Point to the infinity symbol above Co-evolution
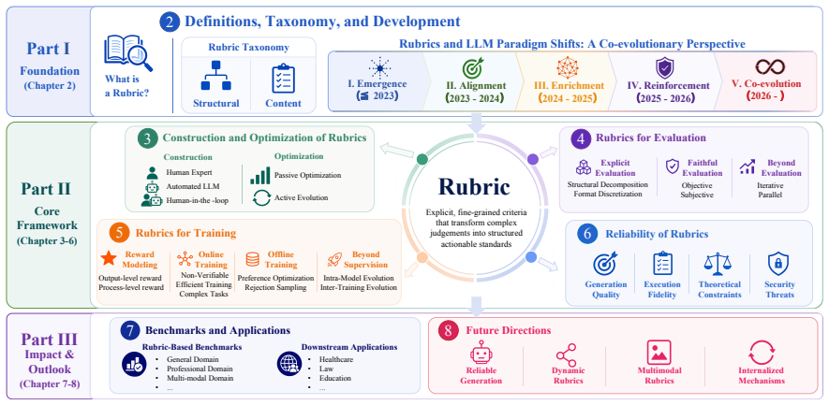(769, 67)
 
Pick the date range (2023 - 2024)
(475, 97)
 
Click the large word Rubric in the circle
(474, 187)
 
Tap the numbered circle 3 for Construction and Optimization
(145, 138)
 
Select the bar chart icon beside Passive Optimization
(260, 175)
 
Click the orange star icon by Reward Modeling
(109, 258)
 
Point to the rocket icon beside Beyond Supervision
(334, 258)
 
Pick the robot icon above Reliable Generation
(481, 353)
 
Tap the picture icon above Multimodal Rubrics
(659, 353)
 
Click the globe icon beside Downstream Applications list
(288, 365)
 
